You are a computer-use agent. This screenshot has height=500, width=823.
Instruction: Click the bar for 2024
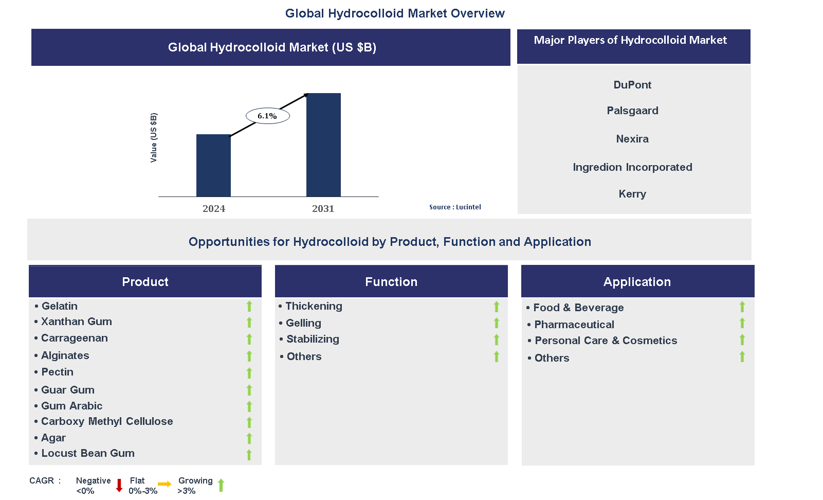coord(213,166)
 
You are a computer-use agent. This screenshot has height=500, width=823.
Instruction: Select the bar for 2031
coord(323,145)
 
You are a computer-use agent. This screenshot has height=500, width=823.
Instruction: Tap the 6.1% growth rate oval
coord(267,116)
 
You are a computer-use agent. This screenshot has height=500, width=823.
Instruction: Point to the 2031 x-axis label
coord(323,208)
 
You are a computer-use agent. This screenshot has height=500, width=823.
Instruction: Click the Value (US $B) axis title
coord(154,137)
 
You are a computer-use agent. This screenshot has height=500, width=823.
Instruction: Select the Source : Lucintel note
coord(455,207)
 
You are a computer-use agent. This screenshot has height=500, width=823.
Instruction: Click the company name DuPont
coord(632,85)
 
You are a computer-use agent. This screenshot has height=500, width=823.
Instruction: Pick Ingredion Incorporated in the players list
coord(632,167)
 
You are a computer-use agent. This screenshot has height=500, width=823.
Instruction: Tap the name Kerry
coord(632,194)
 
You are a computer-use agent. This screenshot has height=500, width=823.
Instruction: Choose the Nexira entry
coord(632,139)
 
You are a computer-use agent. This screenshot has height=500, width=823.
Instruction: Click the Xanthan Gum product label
coord(77,322)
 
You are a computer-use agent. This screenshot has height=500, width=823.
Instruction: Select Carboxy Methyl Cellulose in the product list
coord(107,421)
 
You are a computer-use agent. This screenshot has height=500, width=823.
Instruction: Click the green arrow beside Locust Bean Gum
coord(249,455)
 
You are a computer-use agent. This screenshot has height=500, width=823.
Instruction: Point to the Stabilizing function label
coord(313,339)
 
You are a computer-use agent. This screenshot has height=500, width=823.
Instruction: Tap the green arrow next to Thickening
coord(497,307)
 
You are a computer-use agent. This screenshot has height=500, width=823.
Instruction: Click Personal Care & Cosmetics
coord(606,341)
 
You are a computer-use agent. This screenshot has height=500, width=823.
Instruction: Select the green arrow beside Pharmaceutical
coord(742,323)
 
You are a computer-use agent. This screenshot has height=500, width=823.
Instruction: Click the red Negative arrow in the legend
coord(119,485)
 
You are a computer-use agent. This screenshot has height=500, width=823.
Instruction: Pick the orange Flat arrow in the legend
coord(164,484)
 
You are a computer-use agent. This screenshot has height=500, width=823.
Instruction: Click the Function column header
coord(391,281)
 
